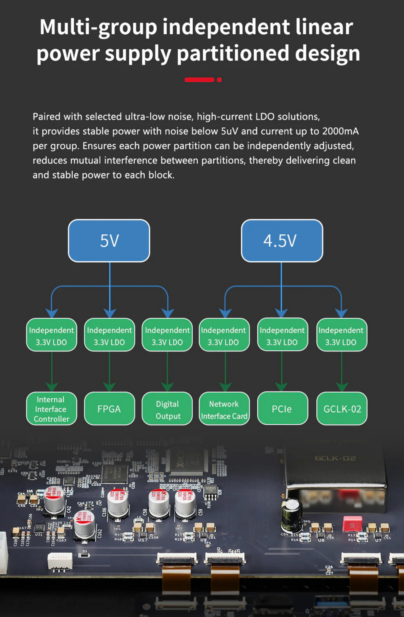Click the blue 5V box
click(x=109, y=241)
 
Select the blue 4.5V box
click(x=282, y=241)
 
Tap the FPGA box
click(x=109, y=409)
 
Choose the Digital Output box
click(x=167, y=409)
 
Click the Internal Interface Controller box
click(x=51, y=409)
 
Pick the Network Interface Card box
click(x=224, y=409)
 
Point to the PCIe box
click(x=282, y=409)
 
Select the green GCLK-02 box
click(x=342, y=409)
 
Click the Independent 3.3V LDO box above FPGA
click(x=109, y=335)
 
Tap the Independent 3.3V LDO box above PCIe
click(x=282, y=335)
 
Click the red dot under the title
click(x=219, y=80)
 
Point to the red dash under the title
click(x=199, y=80)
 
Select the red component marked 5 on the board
click(x=352, y=524)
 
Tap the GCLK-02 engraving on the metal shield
click(x=335, y=458)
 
